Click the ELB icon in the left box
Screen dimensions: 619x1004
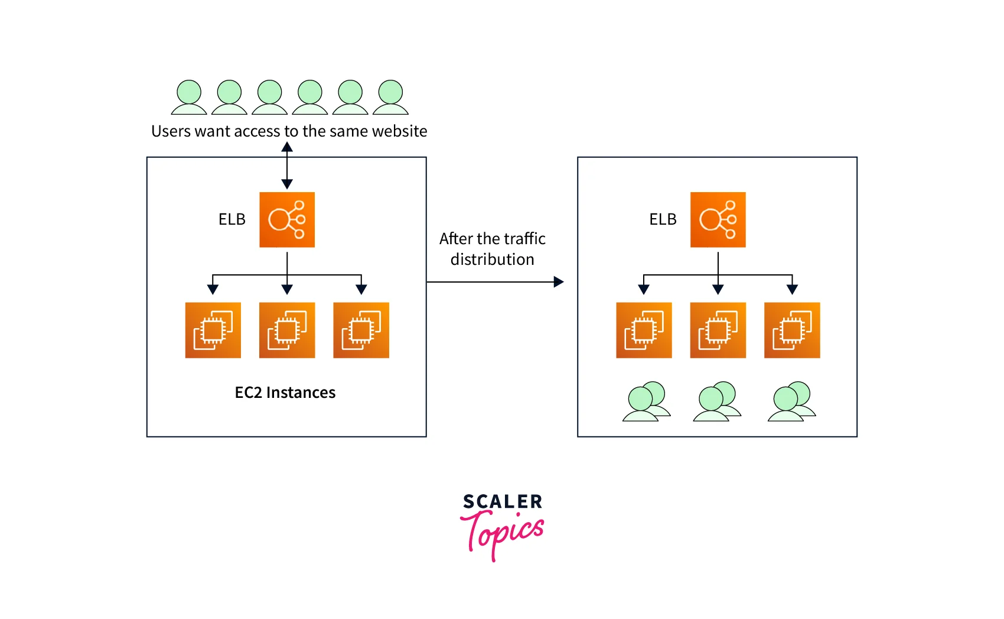coord(287,219)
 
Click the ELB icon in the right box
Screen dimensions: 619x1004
coord(718,219)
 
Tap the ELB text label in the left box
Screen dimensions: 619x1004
coord(232,219)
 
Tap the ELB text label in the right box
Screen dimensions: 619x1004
coord(663,219)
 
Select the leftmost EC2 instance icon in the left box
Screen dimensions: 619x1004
coord(213,330)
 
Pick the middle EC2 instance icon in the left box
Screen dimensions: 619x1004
coord(287,330)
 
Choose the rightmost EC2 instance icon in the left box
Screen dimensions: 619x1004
coord(361,330)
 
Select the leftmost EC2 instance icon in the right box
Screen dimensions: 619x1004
coord(644,330)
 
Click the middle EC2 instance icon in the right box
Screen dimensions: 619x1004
coord(718,330)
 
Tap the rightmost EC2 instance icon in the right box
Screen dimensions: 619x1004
coord(792,330)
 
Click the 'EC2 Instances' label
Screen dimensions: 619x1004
coord(285,393)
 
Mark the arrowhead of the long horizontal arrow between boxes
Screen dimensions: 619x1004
coord(559,282)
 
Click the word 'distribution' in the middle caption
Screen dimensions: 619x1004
coord(492,260)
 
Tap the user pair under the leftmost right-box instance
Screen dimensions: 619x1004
coord(646,401)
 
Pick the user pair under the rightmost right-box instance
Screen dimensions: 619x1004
coord(791,401)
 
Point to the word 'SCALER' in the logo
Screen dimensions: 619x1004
coord(503,502)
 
